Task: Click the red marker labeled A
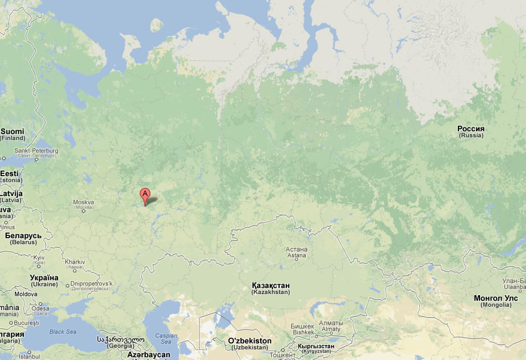pyautogui.click(x=145, y=195)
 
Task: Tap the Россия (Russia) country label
pyautogui.click(x=471, y=131)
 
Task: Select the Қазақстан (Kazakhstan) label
pyautogui.click(x=270, y=288)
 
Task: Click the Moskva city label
pyautogui.click(x=84, y=204)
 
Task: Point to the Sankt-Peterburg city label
pyautogui.click(x=36, y=153)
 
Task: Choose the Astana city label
pyautogui.click(x=296, y=253)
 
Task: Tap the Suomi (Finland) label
pyautogui.click(x=12, y=134)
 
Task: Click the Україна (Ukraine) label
pyautogui.click(x=44, y=280)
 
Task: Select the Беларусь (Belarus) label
pyautogui.click(x=23, y=238)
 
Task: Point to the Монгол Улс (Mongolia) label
pyautogui.click(x=496, y=301)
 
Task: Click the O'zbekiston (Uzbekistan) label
pyautogui.click(x=250, y=343)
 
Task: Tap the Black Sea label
pyautogui.click(x=63, y=332)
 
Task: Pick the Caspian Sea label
pyautogui.click(x=166, y=338)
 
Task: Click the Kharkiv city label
pyautogui.click(x=75, y=264)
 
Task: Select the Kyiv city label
pyautogui.click(x=39, y=260)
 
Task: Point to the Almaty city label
pyautogui.click(x=331, y=326)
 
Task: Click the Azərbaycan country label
pyautogui.click(x=148, y=354)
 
